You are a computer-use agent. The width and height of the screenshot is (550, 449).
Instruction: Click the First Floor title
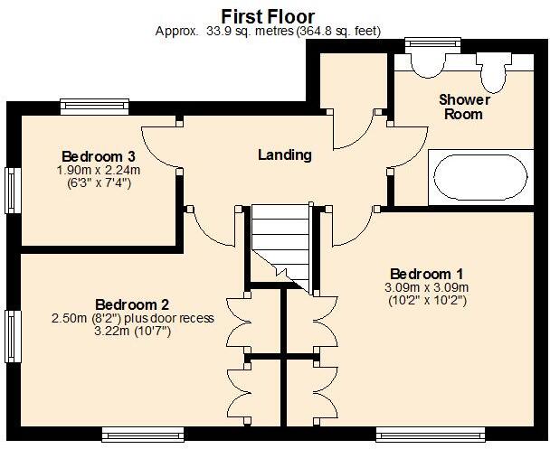tap(269, 15)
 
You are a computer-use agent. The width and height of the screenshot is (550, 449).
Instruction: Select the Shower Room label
tap(464, 107)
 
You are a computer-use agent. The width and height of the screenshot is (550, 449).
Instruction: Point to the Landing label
tap(285, 154)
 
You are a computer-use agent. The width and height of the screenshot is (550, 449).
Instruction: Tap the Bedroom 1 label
tap(427, 274)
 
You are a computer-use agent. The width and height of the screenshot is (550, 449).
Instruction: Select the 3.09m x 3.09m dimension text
tap(427, 287)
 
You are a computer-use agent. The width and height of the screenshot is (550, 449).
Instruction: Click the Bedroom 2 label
tap(133, 304)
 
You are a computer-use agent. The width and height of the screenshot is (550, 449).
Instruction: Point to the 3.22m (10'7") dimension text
tap(133, 332)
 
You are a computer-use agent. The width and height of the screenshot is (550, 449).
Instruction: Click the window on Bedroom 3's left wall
tap(13, 190)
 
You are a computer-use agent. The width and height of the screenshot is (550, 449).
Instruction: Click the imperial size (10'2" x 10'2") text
tap(427, 301)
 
